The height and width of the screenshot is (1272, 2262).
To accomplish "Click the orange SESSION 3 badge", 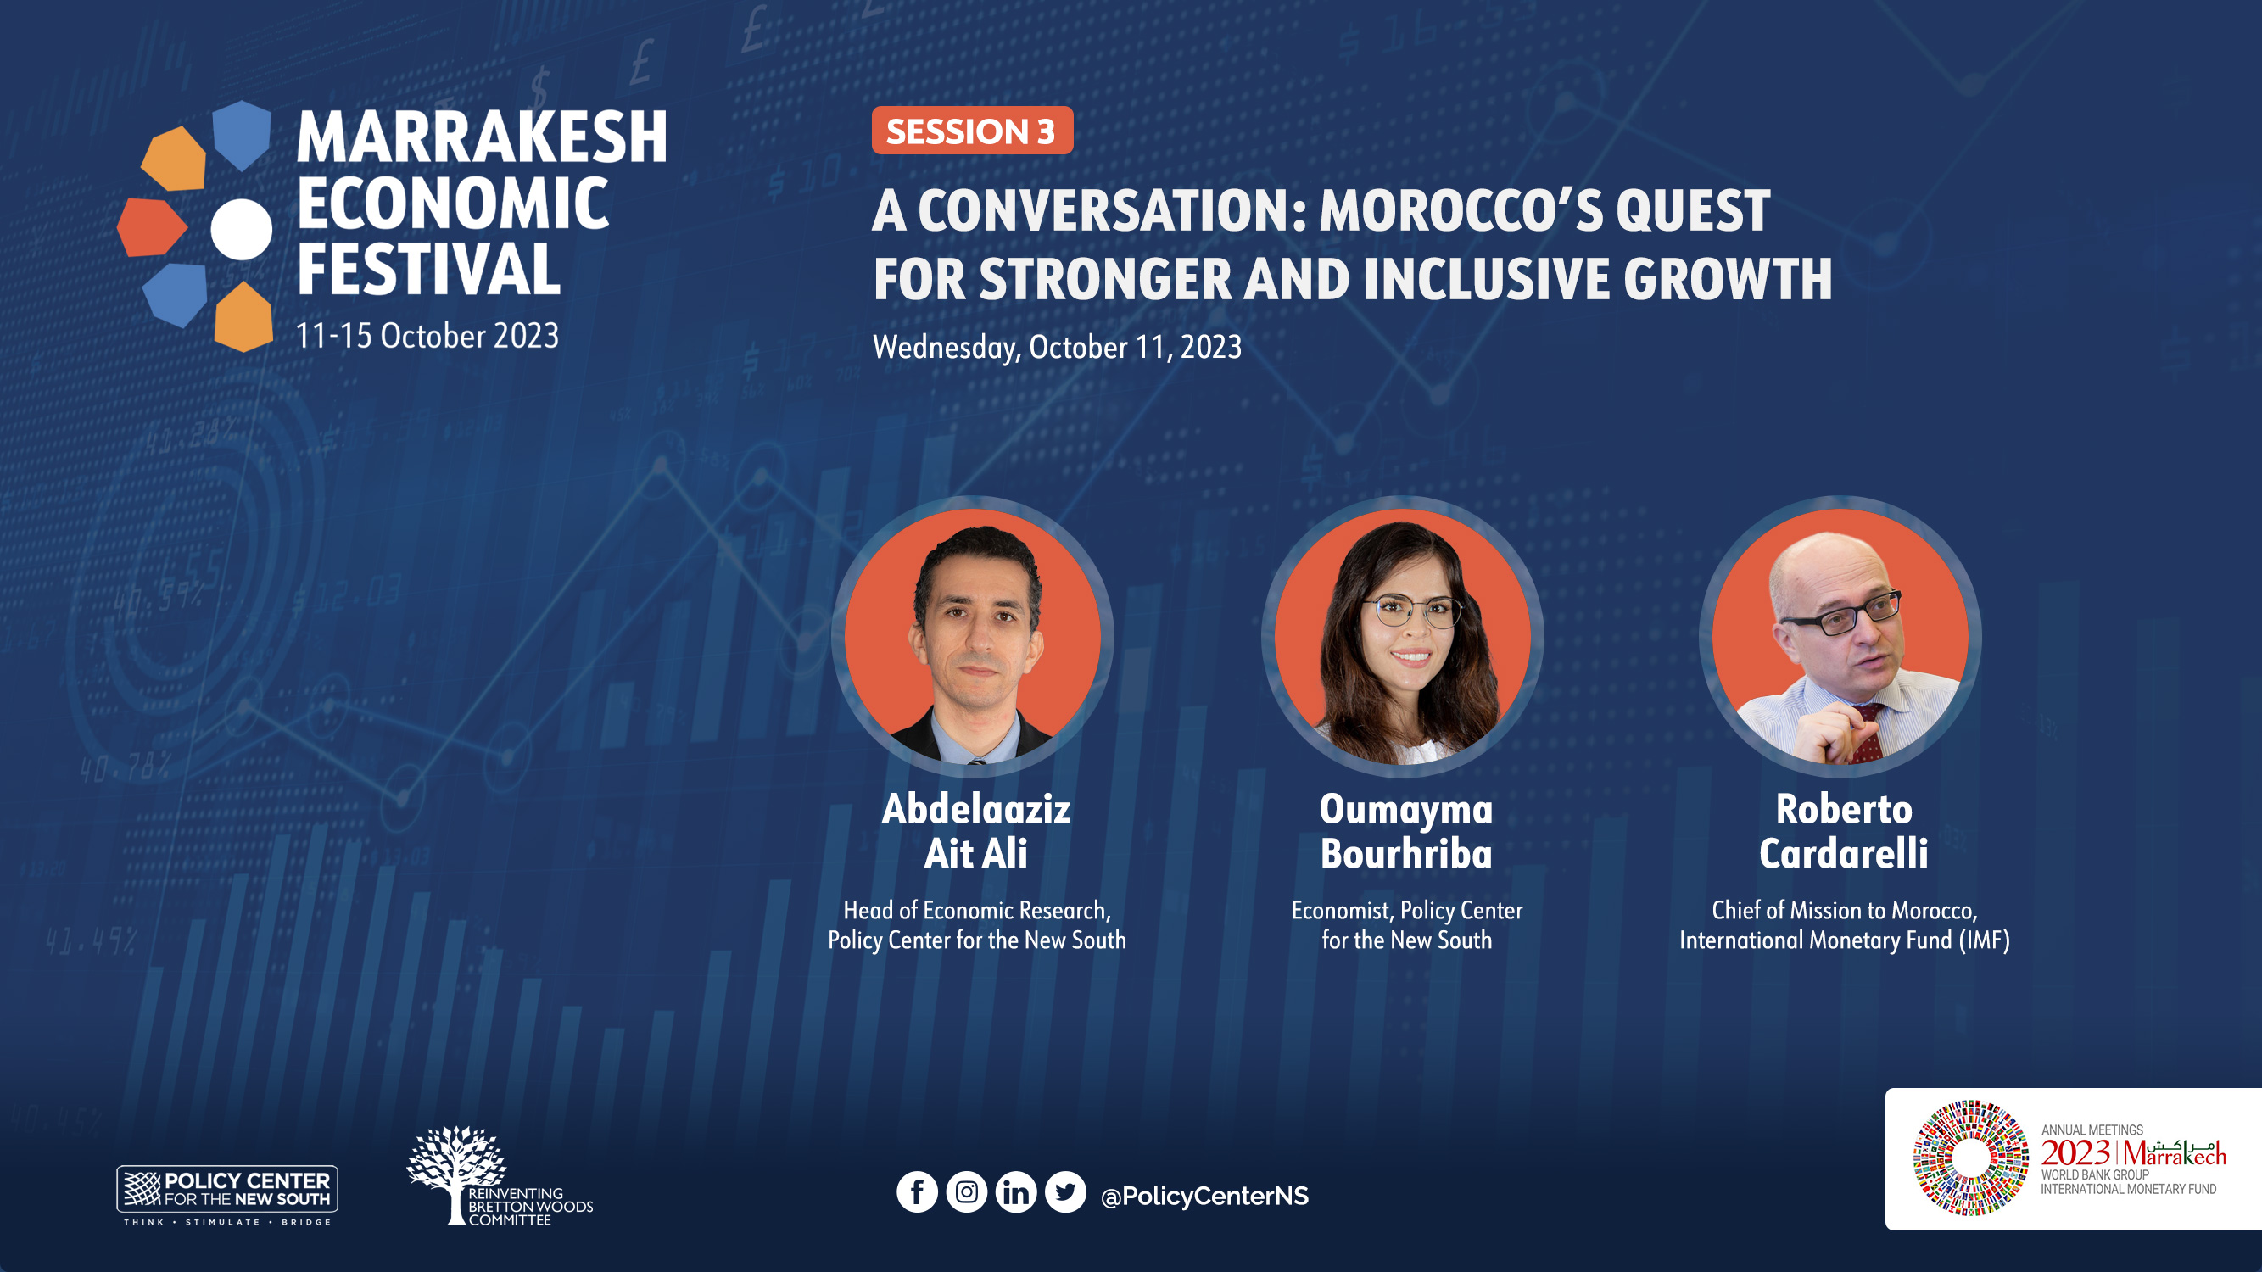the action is coord(972,131).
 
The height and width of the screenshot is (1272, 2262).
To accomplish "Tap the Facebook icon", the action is coord(917,1192).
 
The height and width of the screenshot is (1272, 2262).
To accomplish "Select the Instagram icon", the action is coord(966,1192).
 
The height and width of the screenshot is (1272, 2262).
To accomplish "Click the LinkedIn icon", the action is coord(1016,1192).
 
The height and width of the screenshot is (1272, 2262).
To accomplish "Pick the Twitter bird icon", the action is coord(1065,1192).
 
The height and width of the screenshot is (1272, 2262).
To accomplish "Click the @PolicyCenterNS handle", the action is coord(1204,1196).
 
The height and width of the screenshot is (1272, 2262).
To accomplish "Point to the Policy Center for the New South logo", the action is coord(227,1195).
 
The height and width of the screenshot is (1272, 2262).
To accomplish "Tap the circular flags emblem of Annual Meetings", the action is coord(1970,1158).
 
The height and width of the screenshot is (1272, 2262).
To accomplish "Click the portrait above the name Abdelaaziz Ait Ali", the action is coord(973,637).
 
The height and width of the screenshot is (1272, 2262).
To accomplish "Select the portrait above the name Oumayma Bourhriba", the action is coord(1403,637).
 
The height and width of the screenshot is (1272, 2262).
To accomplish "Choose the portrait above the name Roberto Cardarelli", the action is coord(1840,637).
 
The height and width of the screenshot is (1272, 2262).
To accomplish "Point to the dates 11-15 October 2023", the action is coord(427,335).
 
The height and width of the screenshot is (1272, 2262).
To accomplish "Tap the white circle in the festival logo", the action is coord(242,229).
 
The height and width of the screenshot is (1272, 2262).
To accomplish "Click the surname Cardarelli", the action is coord(1843,853).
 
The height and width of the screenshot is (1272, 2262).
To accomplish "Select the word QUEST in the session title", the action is coord(1693,210).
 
